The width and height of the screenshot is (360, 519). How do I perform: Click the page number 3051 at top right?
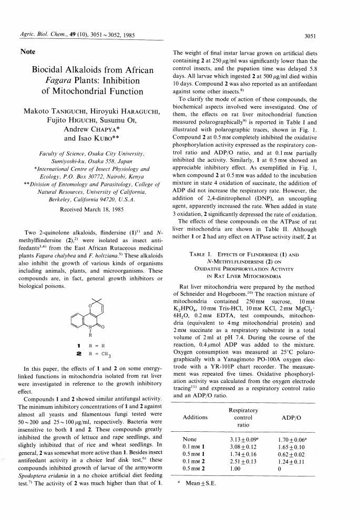[x=340, y=36]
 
